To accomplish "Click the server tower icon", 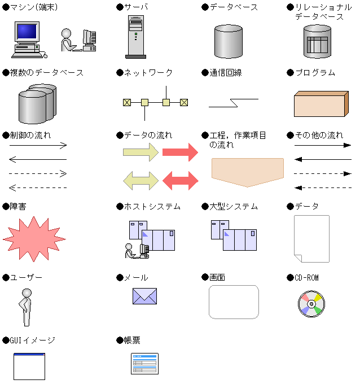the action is click(x=136, y=37).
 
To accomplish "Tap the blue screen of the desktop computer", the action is click(x=27, y=32).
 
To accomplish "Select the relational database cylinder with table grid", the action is click(x=317, y=41).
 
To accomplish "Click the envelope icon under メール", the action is click(x=144, y=296).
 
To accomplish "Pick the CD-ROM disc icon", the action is click(x=311, y=304).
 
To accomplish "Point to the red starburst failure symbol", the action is click(x=34, y=239).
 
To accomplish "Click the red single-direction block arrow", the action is click(x=180, y=152).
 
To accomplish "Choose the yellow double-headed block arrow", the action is click(x=141, y=181).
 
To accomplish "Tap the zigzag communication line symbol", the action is click(x=234, y=103).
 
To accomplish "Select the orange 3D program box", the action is click(x=321, y=104).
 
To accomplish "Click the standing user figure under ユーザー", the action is click(x=26, y=307).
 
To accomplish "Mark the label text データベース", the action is click(x=234, y=7).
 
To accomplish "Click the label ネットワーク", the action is click(x=148, y=73).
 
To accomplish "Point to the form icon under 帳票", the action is click(x=144, y=364).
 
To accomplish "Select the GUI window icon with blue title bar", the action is click(x=29, y=366).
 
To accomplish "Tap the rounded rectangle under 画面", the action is click(x=234, y=302).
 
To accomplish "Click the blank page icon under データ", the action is click(x=311, y=239).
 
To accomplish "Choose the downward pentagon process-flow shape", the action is click(x=247, y=172).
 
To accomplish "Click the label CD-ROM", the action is click(x=306, y=278).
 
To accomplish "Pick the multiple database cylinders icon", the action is click(x=37, y=103).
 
